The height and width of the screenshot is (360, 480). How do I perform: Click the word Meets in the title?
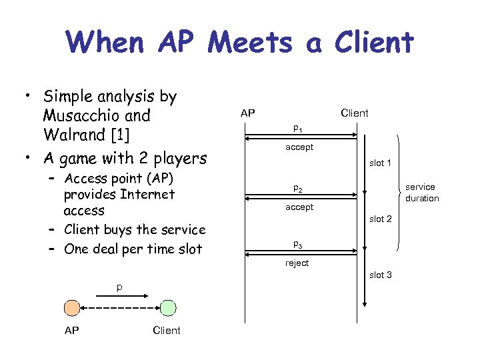click(x=249, y=43)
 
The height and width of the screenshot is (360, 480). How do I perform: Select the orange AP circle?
click(x=71, y=308)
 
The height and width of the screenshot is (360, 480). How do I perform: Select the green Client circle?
click(x=168, y=308)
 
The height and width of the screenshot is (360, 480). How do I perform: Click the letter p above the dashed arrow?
click(x=119, y=287)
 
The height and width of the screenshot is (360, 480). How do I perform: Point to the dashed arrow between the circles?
click(x=119, y=308)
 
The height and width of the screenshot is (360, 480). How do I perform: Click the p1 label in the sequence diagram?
click(x=297, y=128)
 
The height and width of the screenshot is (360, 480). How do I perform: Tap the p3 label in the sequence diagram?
click(x=297, y=244)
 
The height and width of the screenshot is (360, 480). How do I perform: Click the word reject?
click(x=297, y=263)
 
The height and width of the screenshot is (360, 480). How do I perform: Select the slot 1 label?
click(x=381, y=163)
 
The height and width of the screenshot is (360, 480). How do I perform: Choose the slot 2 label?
click(x=381, y=219)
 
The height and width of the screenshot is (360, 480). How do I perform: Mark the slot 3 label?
click(x=381, y=275)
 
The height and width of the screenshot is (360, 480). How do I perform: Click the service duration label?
click(x=421, y=193)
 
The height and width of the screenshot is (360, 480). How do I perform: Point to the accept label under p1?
click(x=299, y=147)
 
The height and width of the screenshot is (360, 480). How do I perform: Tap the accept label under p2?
click(x=299, y=207)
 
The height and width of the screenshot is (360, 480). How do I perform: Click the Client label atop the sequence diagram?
click(x=354, y=113)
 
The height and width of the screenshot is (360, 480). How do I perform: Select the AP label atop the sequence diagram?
click(x=247, y=113)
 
